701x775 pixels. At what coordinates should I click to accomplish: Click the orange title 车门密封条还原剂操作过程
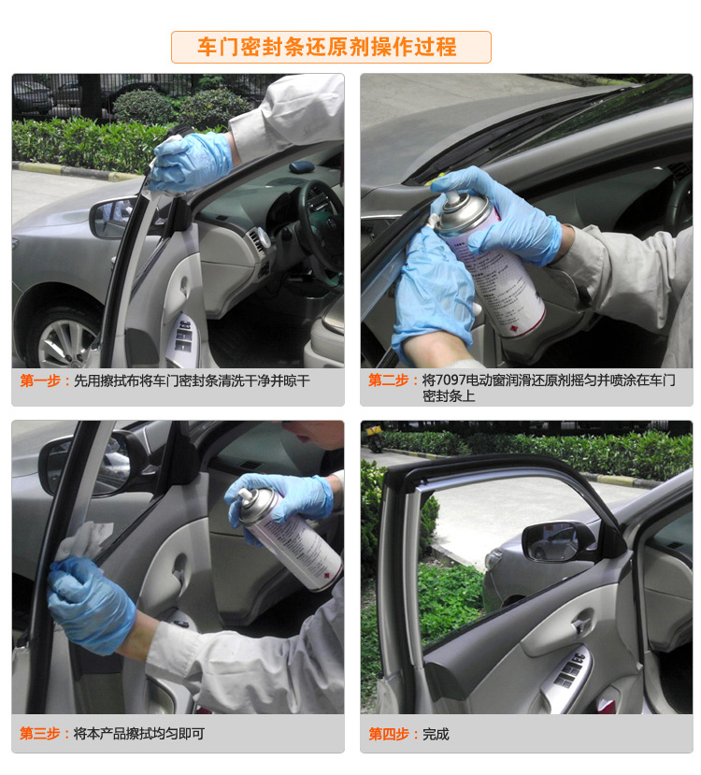(326, 47)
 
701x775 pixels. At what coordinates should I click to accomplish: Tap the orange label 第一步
(40, 380)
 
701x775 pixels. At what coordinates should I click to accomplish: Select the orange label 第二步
(388, 380)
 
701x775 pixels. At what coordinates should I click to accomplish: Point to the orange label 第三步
(40, 734)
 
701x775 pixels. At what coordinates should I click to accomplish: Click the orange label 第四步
(388, 734)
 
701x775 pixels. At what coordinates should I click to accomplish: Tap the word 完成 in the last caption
(436, 734)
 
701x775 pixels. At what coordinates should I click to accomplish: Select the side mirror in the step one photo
(111, 217)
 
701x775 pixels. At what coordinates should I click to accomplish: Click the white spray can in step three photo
(289, 538)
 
